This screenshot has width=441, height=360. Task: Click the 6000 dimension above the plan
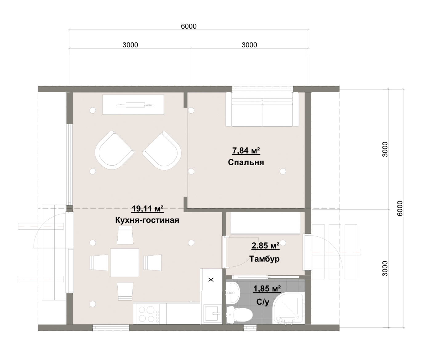click(188, 26)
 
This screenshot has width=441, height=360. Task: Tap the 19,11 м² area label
click(148, 209)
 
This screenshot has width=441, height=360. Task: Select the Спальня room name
click(246, 162)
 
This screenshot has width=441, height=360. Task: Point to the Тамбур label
click(265, 259)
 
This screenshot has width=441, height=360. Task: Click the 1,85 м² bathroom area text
click(267, 289)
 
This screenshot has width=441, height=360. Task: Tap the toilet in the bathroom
click(240, 315)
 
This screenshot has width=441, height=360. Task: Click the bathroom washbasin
click(233, 292)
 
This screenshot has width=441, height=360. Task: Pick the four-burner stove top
click(148, 314)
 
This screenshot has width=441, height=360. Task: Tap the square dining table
click(125, 263)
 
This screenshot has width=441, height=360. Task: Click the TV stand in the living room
click(133, 105)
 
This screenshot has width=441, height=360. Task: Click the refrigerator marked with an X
click(211, 280)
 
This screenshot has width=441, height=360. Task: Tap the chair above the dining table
click(125, 236)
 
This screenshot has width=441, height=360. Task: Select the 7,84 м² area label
click(246, 150)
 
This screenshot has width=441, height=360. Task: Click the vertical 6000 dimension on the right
click(399, 208)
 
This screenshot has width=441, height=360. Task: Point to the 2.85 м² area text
click(265, 246)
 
